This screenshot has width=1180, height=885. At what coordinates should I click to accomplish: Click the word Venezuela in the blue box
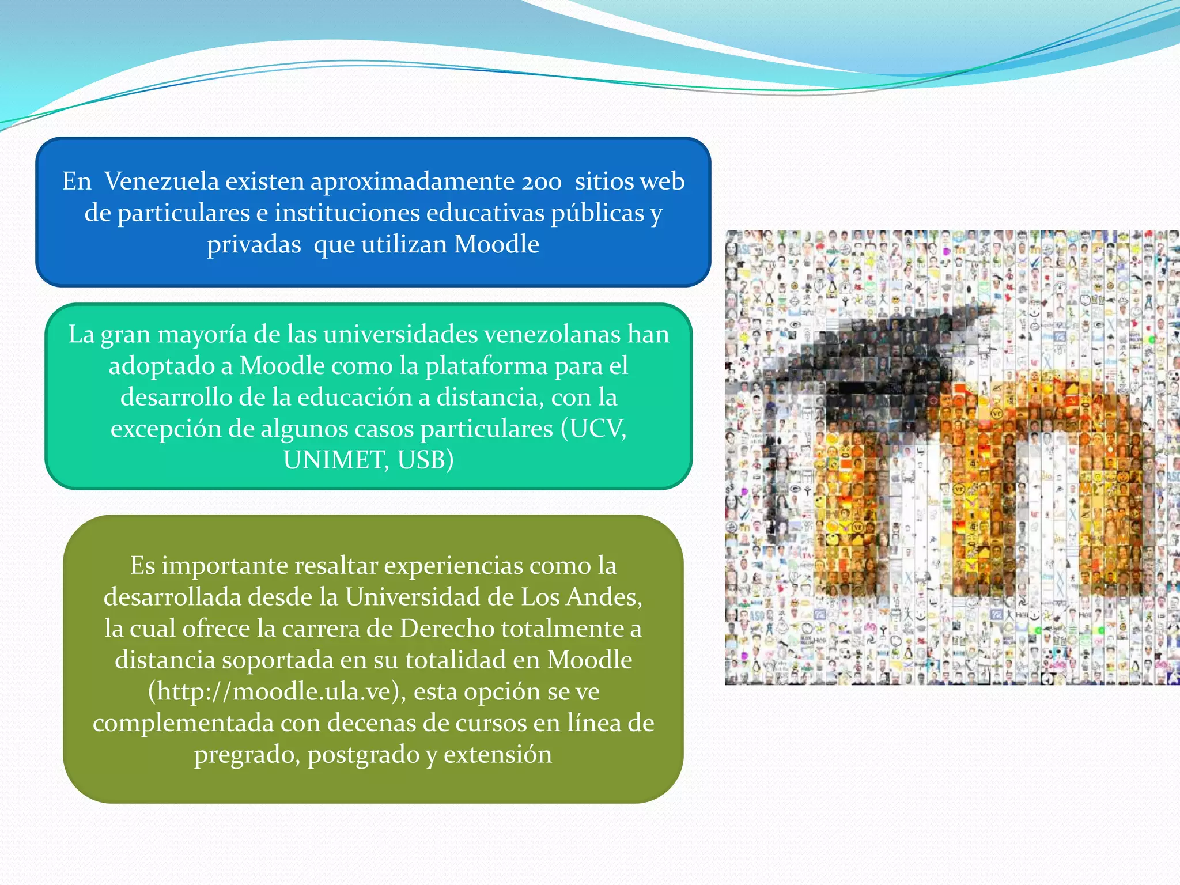[162, 181]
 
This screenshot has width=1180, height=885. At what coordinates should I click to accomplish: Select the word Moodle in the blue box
[497, 244]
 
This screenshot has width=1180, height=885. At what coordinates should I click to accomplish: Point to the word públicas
[597, 213]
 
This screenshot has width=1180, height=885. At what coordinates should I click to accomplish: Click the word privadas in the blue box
[254, 244]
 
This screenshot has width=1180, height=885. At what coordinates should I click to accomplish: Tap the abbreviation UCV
[597, 429]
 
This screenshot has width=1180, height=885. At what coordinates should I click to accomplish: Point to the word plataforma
[486, 366]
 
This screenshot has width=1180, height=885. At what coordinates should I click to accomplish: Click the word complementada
[183, 723]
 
